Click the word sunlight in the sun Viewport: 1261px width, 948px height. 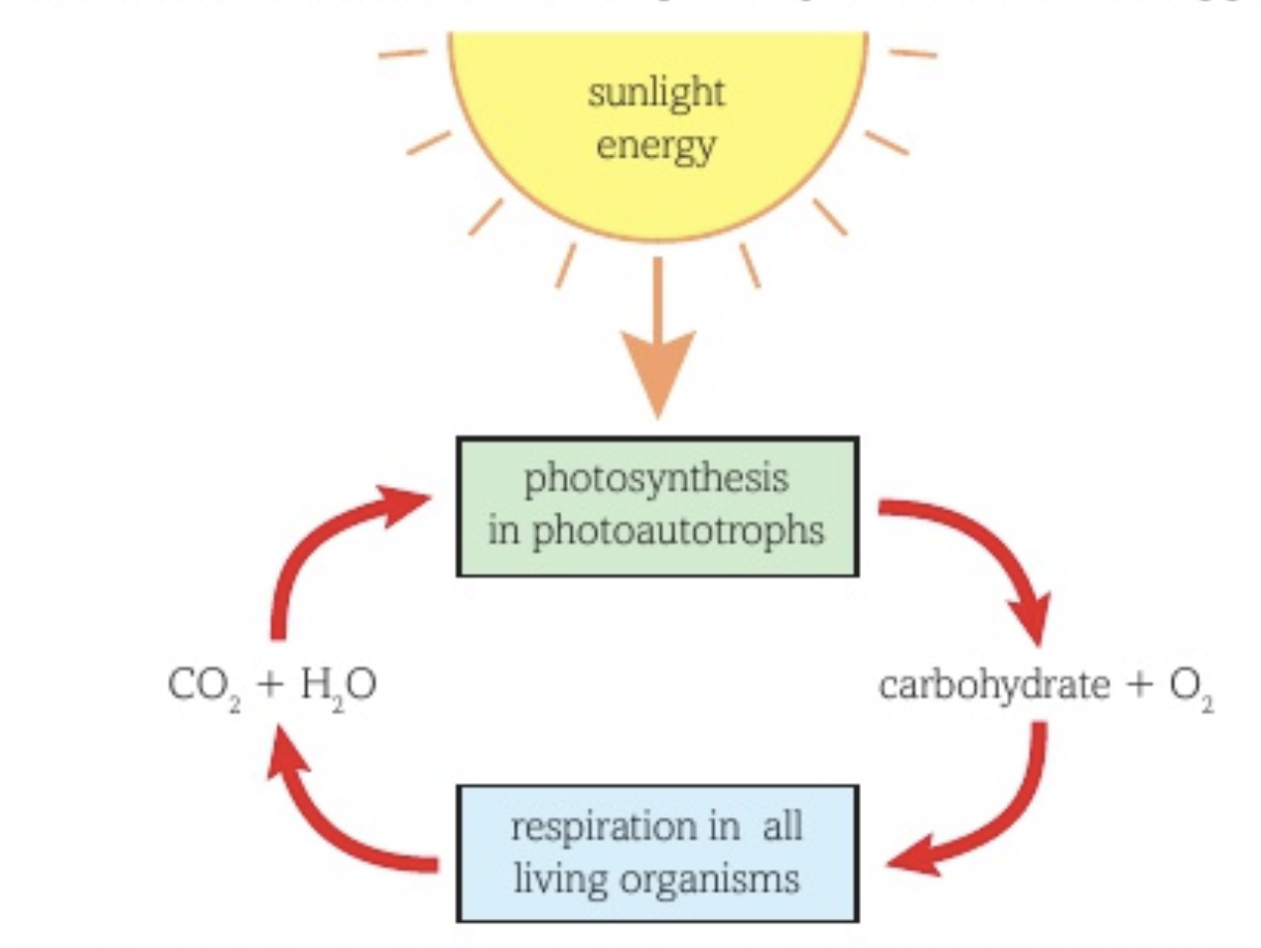click(x=655, y=93)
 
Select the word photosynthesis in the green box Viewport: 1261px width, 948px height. click(x=656, y=479)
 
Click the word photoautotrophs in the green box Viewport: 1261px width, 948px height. click(x=678, y=531)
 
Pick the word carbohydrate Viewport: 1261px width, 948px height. click(x=994, y=685)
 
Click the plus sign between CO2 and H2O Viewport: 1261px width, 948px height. click(x=269, y=685)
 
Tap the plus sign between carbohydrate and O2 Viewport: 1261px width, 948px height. click(x=1140, y=685)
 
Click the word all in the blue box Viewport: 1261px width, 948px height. click(x=782, y=827)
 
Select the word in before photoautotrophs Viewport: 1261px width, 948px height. click(x=503, y=531)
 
